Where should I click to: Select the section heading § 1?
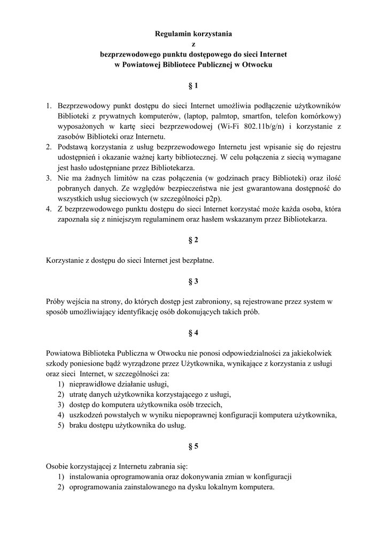[x=193, y=85]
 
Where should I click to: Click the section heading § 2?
[x=193, y=240]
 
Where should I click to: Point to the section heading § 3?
[x=193, y=281]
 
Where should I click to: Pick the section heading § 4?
[x=193, y=333]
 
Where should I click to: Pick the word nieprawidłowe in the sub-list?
[x=92, y=384]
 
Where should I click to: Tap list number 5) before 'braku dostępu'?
[x=61, y=425]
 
